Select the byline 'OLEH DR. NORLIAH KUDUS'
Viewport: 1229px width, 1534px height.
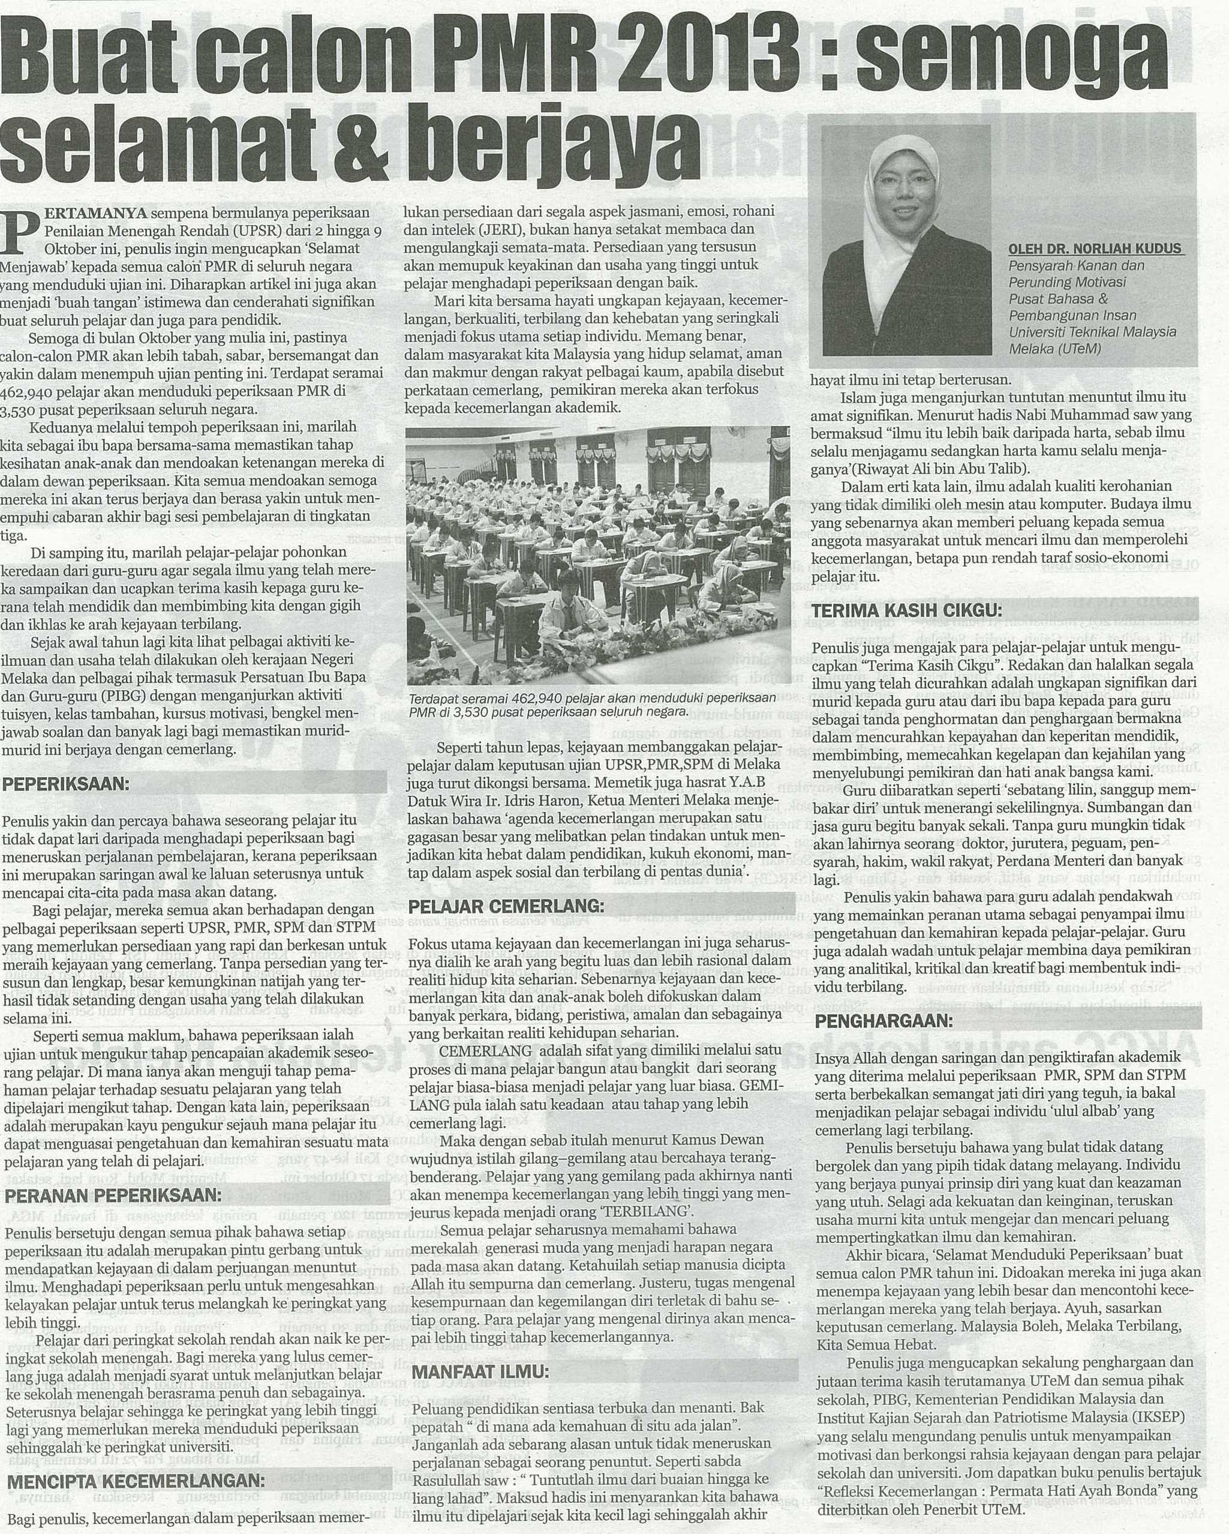[x=1095, y=249]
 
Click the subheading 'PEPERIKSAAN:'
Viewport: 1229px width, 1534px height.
[x=67, y=785]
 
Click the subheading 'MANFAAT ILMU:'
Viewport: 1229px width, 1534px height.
[x=481, y=1371]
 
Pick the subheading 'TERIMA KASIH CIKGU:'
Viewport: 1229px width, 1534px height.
[x=907, y=611]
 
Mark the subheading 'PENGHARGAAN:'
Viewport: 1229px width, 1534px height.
[x=884, y=1021]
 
